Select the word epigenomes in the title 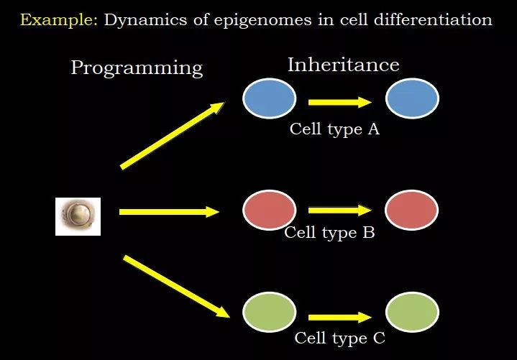click(x=262, y=21)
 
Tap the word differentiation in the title click(x=433, y=20)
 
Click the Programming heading click(x=137, y=68)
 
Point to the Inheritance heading click(x=343, y=65)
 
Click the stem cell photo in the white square click(x=78, y=216)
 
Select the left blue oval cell click(x=269, y=98)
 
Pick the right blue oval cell click(x=412, y=98)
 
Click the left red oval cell click(x=269, y=210)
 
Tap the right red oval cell click(x=411, y=210)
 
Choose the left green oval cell click(x=269, y=312)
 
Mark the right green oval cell click(x=412, y=312)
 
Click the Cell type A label click(x=334, y=129)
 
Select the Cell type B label click(x=329, y=233)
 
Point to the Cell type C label click(x=339, y=338)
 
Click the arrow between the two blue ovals click(x=340, y=103)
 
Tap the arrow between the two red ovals click(x=340, y=210)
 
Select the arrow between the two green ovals click(x=340, y=318)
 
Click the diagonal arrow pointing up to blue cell click(x=173, y=136)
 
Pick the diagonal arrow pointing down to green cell click(x=176, y=286)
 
